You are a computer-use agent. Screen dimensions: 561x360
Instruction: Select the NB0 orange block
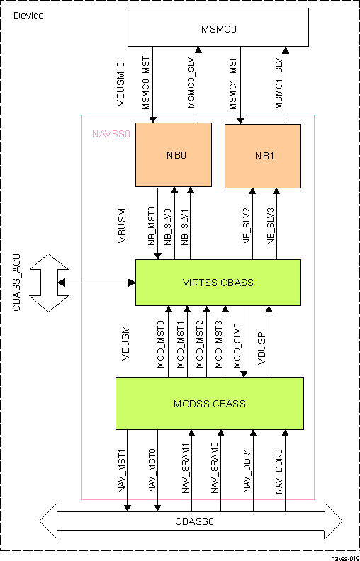(x=174, y=154)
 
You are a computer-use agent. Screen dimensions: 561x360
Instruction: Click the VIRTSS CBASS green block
(x=218, y=283)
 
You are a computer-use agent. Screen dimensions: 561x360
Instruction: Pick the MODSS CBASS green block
(x=209, y=404)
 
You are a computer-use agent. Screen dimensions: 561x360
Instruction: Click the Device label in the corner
(x=28, y=16)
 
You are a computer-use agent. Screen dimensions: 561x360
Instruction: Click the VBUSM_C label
(x=120, y=84)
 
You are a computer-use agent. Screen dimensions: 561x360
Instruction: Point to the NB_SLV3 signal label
(x=271, y=227)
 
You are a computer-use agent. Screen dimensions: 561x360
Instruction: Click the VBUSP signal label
(x=262, y=351)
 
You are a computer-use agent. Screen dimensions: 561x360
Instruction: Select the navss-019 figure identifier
(x=345, y=557)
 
